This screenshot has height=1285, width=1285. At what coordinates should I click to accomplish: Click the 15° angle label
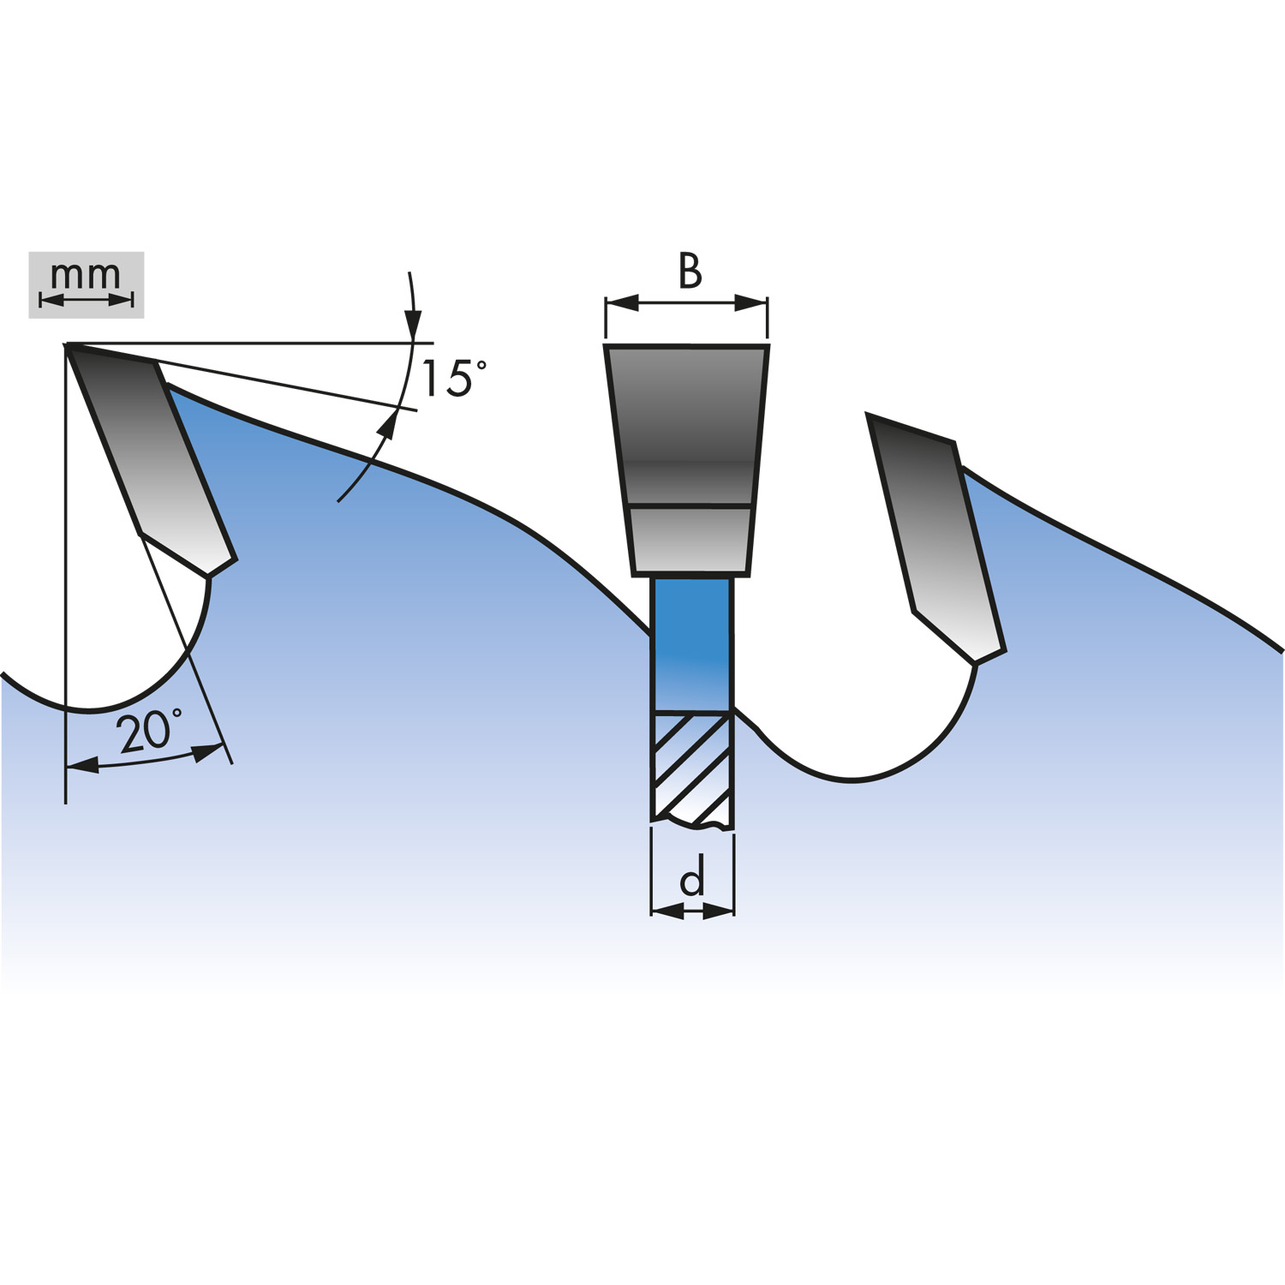pos(454,378)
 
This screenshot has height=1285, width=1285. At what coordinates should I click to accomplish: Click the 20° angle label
pos(149,731)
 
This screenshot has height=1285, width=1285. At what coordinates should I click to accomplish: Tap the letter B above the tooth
pos(690,271)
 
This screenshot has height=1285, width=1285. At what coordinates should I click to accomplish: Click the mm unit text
pos(86,274)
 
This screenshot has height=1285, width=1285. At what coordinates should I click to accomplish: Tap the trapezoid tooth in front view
pos(687,459)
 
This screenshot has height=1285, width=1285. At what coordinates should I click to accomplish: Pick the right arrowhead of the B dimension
pos(750,302)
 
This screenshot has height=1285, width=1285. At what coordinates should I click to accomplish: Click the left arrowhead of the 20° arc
pos(82,765)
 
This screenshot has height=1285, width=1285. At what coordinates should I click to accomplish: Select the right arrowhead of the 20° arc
pos(208,753)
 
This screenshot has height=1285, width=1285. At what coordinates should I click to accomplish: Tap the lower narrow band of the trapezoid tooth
pos(690,541)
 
